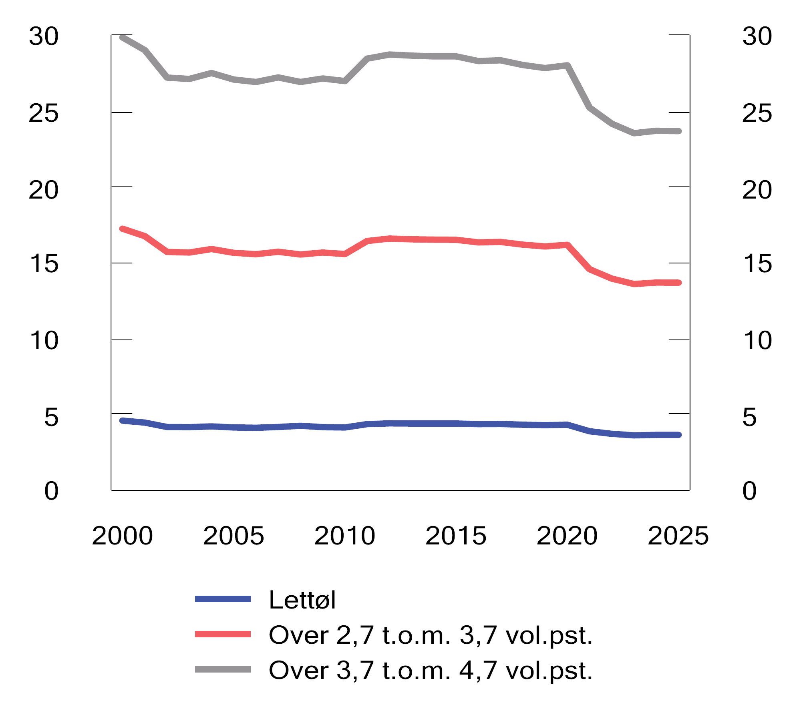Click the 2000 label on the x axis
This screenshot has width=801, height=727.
122,536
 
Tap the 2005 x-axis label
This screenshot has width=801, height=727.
233,536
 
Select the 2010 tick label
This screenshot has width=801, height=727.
344,536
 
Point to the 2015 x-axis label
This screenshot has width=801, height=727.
456,536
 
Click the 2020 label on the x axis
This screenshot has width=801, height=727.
567,536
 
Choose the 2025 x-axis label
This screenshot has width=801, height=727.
678,536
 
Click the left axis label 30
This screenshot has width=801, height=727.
43,36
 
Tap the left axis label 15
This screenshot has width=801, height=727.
44,264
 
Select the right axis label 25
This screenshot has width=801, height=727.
757,113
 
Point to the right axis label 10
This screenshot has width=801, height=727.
757,341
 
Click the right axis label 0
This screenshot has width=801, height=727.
749,491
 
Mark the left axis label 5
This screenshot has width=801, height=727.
51,418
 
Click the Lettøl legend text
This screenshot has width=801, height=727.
302,600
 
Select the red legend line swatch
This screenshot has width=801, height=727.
223,635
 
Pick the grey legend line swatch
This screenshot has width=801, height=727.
223,670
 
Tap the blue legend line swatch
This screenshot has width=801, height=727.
223,599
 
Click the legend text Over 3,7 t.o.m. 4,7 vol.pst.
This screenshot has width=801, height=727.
431,671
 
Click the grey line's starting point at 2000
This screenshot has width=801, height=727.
123,37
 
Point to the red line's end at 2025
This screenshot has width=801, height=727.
679,283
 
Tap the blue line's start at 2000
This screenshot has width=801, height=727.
123,421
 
